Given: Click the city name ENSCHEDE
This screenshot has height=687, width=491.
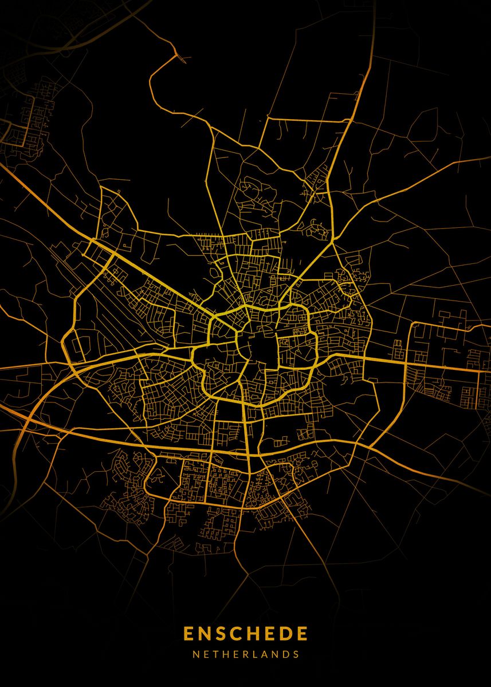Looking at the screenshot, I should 245,634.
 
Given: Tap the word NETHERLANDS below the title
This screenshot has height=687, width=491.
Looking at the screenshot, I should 245,654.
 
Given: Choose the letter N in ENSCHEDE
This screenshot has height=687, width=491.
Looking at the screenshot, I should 205,634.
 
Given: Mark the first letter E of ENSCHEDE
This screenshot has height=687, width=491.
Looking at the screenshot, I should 189,634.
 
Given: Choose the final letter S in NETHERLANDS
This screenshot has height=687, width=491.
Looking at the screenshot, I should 295,654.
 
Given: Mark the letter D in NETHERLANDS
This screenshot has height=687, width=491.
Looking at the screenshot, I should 284,654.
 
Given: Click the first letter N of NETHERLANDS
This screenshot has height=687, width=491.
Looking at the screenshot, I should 195,654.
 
